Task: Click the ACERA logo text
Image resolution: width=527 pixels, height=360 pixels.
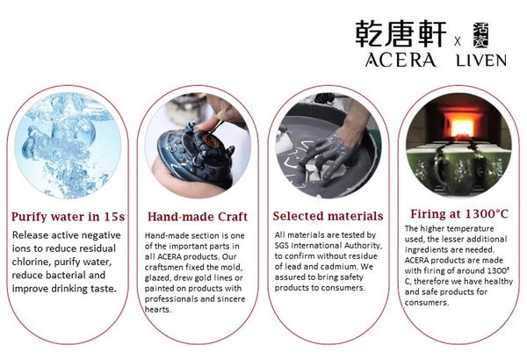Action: [x=401, y=61]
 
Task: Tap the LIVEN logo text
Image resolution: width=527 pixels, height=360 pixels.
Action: [x=481, y=61]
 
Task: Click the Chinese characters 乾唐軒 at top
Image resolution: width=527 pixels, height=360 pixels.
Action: [x=401, y=33]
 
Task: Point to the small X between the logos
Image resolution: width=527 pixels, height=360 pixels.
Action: [x=458, y=41]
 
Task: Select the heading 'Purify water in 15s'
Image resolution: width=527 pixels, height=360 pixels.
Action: [x=68, y=217]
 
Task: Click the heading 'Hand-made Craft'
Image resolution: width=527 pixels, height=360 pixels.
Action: [x=198, y=217]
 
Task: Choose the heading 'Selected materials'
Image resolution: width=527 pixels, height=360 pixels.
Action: [x=328, y=216]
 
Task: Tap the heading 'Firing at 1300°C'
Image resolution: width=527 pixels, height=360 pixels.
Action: [x=459, y=213]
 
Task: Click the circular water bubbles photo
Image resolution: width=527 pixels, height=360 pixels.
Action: [x=68, y=145]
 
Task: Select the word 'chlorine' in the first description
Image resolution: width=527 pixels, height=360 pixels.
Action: [x=31, y=262]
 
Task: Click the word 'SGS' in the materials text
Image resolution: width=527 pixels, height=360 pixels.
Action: [x=282, y=245]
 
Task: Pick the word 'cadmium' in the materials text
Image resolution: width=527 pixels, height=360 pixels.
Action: [x=338, y=267]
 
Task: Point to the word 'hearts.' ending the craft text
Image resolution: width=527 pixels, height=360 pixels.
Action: [x=157, y=310]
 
